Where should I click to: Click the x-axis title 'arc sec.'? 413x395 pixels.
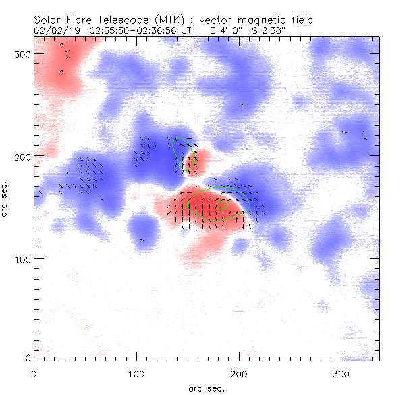point(206,388)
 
